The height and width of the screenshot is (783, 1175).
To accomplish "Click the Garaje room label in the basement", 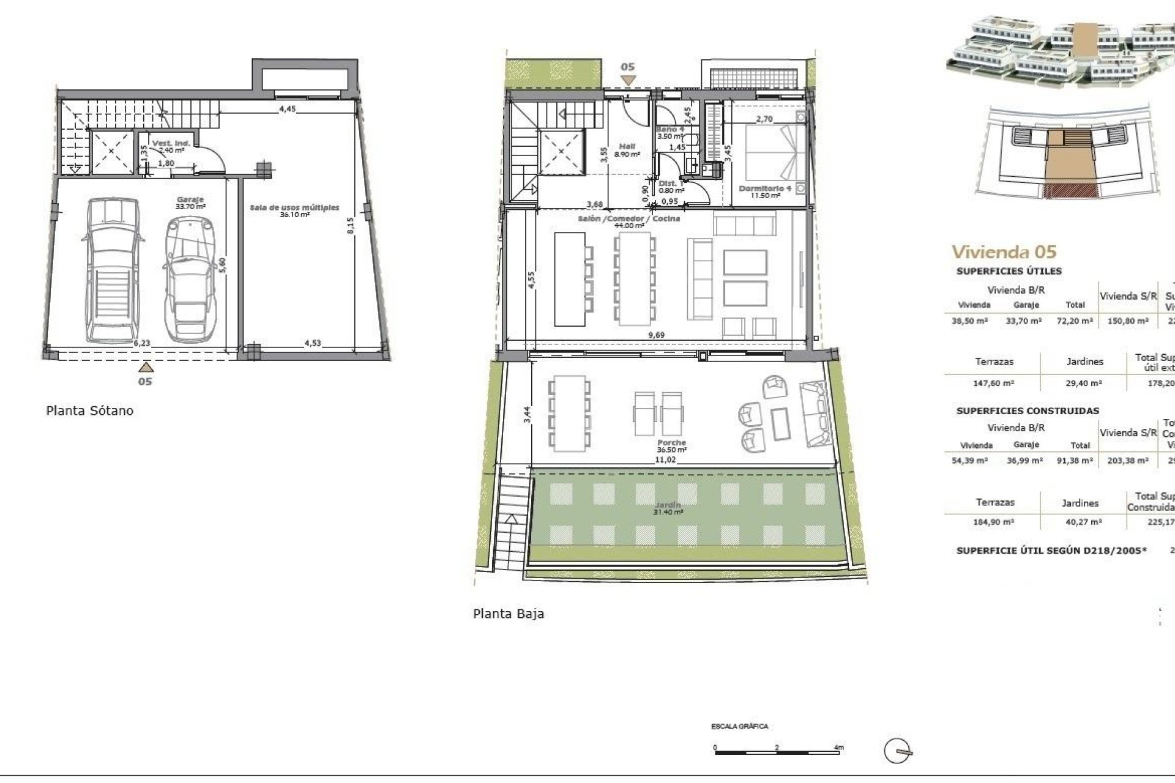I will pyautogui.click(x=190, y=200).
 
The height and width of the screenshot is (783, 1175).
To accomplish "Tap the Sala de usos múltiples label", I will pyautogui.click(x=294, y=208).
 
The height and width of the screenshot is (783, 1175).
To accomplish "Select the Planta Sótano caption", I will pyautogui.click(x=89, y=410).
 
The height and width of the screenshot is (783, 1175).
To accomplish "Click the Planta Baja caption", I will pyautogui.click(x=508, y=614).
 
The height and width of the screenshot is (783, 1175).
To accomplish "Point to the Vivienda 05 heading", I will pyautogui.click(x=1004, y=251).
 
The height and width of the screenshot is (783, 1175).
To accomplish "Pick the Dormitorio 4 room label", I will pyautogui.click(x=765, y=188).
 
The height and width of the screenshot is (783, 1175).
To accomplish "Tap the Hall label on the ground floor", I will pyautogui.click(x=627, y=147).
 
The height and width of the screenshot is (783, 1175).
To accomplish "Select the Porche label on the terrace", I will pyautogui.click(x=671, y=442).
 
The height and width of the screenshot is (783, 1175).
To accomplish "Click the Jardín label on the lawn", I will pyautogui.click(x=668, y=505).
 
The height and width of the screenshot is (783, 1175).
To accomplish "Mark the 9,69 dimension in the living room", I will pyautogui.click(x=656, y=335).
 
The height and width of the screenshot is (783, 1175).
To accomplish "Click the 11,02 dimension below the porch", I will pyautogui.click(x=665, y=459).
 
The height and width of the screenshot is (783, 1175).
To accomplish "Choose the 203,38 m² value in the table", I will pyautogui.click(x=1128, y=461).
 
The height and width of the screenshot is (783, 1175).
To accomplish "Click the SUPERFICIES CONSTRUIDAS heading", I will pyautogui.click(x=1028, y=411).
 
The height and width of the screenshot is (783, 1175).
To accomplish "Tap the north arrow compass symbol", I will pyautogui.click(x=898, y=750).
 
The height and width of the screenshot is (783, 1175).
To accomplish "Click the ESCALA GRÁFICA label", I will pyautogui.click(x=739, y=727).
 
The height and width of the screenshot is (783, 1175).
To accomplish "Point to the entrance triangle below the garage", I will pyautogui.click(x=145, y=367).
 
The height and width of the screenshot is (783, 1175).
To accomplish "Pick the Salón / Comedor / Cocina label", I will pyautogui.click(x=629, y=218).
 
